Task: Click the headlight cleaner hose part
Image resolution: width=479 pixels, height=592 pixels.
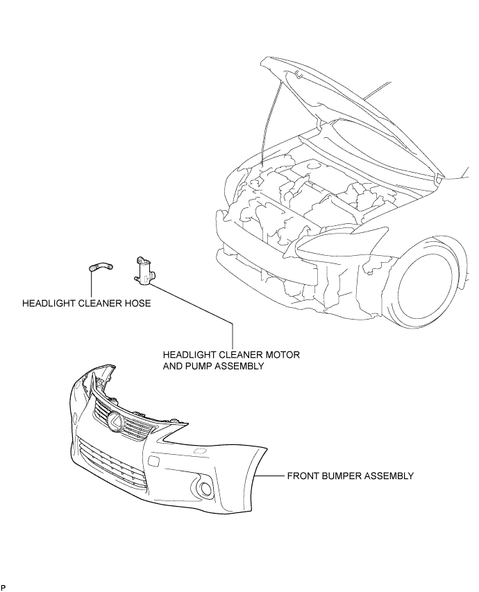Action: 101,267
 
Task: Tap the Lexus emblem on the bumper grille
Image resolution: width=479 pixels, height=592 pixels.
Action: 115,421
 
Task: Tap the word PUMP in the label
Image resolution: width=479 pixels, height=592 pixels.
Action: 201,366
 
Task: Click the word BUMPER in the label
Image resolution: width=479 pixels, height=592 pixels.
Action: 337,476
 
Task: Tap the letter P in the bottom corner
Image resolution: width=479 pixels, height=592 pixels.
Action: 3,587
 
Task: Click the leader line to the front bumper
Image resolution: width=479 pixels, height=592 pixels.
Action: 269,476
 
